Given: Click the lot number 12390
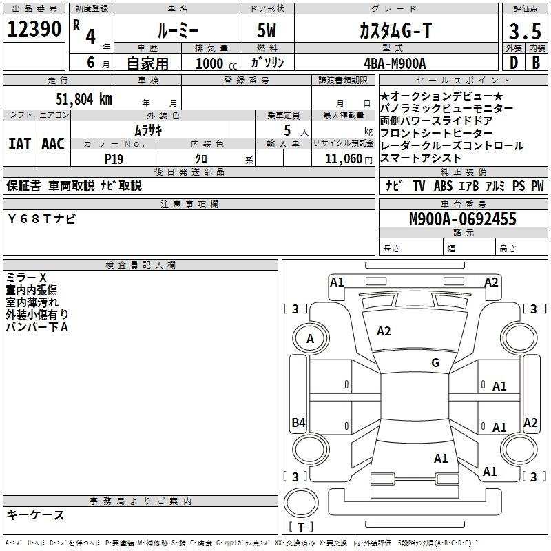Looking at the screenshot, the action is [34, 29].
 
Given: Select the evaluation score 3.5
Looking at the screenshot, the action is [525, 31].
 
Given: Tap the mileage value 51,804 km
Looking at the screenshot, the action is [84, 98].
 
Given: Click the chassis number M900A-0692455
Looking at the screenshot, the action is [463, 219].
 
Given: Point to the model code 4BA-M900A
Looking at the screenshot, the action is [395, 63].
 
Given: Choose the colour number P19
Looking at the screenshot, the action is [114, 159].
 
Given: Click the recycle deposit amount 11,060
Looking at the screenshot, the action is [344, 159].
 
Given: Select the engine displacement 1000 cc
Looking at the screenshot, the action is [216, 63].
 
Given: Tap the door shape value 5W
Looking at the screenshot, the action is [267, 30].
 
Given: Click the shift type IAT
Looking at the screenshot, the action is [19, 144].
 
